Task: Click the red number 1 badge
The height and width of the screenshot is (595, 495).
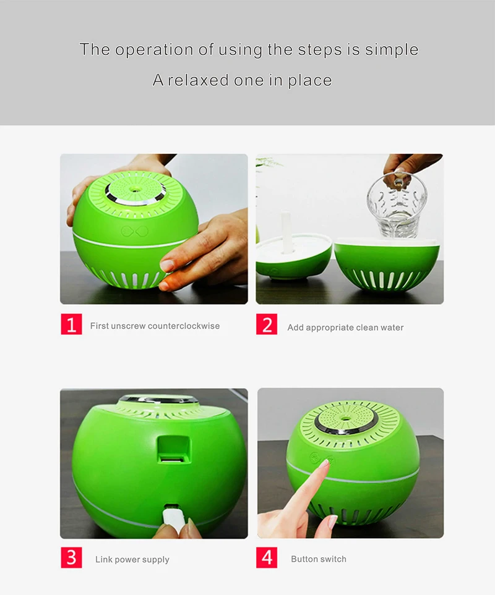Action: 71,324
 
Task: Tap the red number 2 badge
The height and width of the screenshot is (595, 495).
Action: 267,324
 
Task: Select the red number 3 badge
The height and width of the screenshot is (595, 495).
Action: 71,557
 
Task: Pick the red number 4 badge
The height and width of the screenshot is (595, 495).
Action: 267,557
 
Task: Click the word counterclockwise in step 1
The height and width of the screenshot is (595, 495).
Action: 184,326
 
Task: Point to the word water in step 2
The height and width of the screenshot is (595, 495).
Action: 392,327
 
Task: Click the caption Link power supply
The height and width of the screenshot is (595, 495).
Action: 132,560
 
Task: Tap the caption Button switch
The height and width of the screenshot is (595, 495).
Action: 319,559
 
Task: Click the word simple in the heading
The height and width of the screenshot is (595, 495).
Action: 392,50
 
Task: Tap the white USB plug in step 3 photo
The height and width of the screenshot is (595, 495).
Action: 174,518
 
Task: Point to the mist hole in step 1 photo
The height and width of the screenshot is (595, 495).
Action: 134,188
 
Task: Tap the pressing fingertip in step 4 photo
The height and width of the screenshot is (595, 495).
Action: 325,463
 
